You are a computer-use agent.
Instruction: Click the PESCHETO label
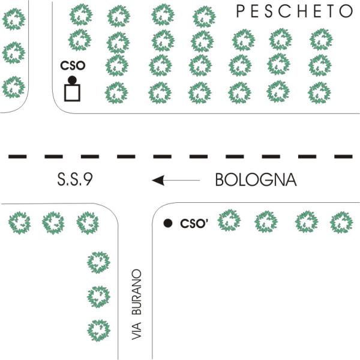tap(295, 11)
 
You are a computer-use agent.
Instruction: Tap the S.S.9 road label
tap(75, 179)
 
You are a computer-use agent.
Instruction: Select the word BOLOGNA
tap(256, 179)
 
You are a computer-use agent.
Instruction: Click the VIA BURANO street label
tap(137, 304)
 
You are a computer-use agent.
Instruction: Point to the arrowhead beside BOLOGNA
tap(158, 180)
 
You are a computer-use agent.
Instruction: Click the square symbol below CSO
tap(72, 93)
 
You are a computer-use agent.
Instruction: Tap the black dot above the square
tap(72, 80)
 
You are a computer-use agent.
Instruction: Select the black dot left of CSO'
tap(168, 223)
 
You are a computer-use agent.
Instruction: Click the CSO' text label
tap(194, 224)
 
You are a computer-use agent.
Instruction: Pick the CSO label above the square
tap(73, 65)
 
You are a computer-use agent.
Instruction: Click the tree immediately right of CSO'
tap(229, 220)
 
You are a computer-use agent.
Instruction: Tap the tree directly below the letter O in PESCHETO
tap(321, 39)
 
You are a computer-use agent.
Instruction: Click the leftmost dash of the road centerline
tap(17, 157)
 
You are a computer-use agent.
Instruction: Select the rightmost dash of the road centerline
tap(343, 157)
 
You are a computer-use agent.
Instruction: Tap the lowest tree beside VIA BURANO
tap(99, 330)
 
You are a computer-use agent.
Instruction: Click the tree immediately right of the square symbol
tap(116, 92)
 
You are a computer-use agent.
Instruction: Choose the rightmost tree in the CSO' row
tap(341, 222)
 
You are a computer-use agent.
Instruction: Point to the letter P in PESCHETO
tap(240, 11)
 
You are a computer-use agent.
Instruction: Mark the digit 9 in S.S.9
tap(88, 179)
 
